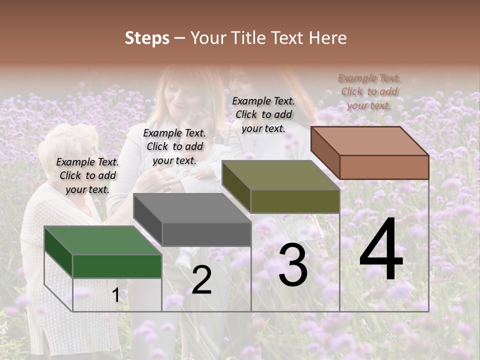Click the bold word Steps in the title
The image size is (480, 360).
(147, 38)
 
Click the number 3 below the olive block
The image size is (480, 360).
(293, 265)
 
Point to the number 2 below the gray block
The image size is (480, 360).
(201, 280)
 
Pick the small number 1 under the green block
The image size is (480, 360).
(115, 295)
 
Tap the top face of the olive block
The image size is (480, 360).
(280, 175)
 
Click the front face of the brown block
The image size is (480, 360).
(384, 167)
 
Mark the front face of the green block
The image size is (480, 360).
(117, 266)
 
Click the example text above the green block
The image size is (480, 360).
(87, 175)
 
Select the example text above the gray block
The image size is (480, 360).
(174, 146)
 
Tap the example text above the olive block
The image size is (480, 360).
(263, 114)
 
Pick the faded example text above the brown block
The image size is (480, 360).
(369, 91)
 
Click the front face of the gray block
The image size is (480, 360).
(206, 234)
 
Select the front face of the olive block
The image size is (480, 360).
(295, 201)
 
